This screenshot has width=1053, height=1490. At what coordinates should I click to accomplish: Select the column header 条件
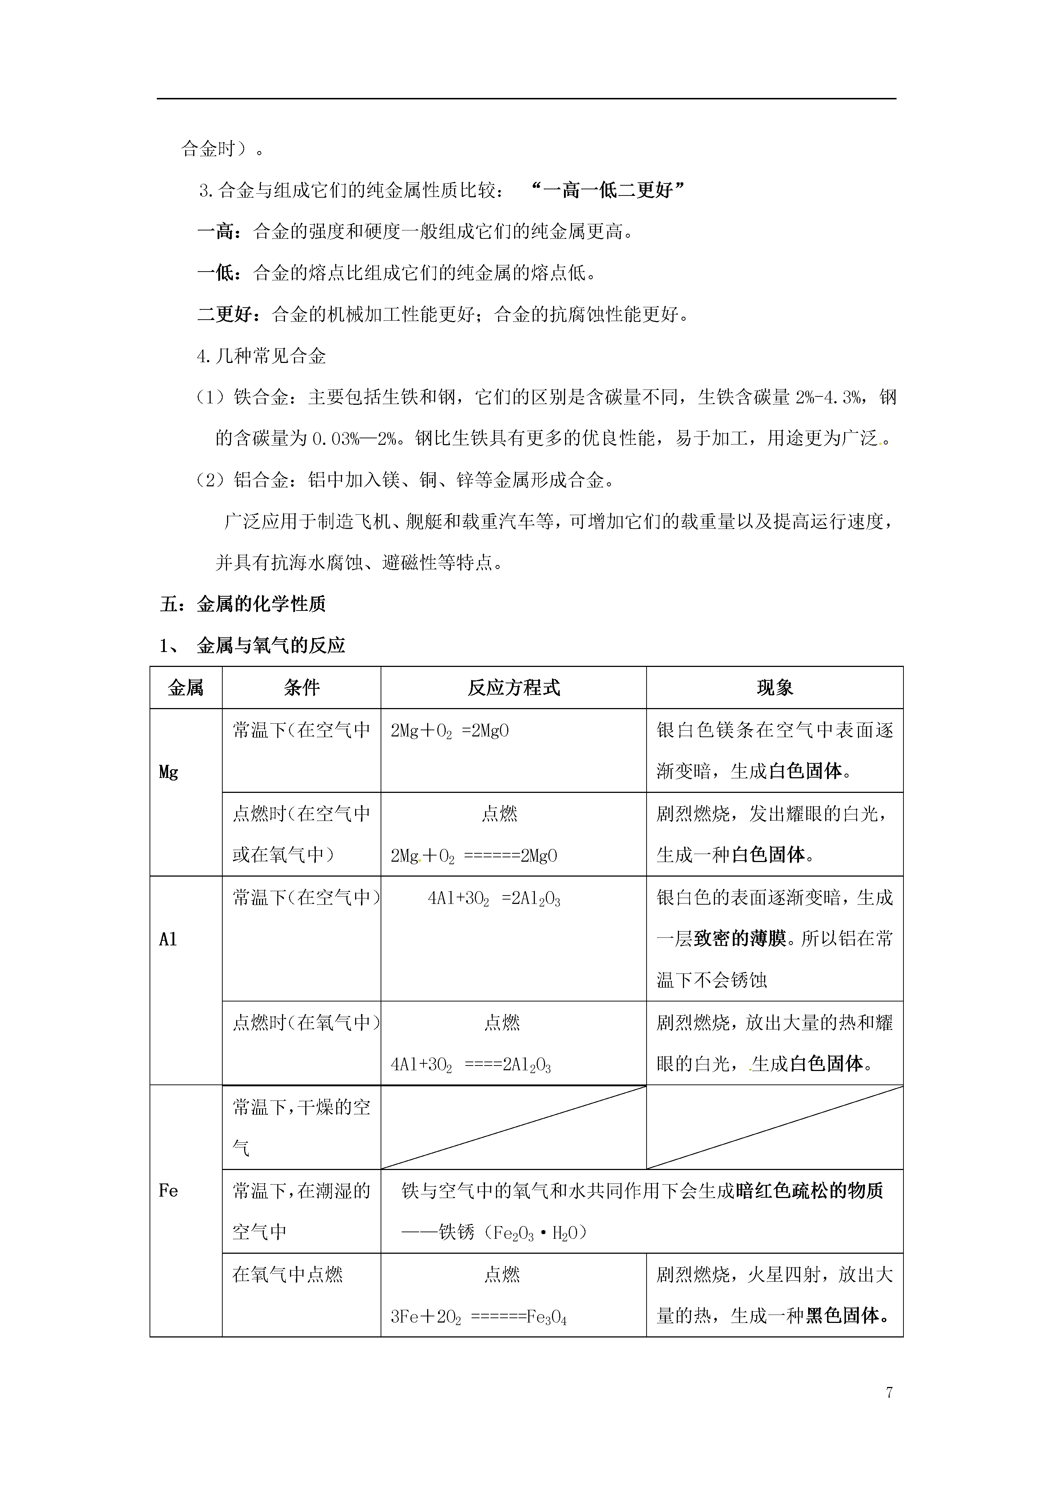[302, 688]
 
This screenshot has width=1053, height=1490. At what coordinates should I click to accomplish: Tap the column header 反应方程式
[513, 688]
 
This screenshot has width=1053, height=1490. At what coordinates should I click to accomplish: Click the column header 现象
[775, 688]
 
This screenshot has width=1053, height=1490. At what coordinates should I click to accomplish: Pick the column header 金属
[186, 688]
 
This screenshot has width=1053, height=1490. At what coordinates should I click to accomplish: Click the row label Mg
[169, 772]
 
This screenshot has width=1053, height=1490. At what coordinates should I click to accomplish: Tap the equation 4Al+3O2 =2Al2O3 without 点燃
[494, 899]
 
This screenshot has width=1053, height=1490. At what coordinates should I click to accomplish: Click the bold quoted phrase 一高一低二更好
[608, 190]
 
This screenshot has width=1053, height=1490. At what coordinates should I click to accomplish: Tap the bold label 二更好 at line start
[224, 315]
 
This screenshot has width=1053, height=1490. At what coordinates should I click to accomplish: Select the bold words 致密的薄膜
[740, 938]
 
